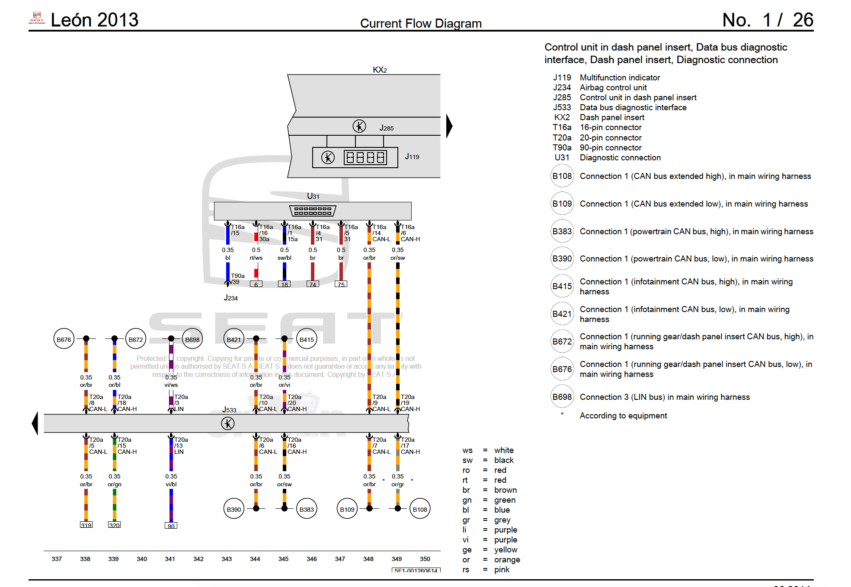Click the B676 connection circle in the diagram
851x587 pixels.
[x=64, y=339]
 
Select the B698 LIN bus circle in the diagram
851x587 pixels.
[x=192, y=339]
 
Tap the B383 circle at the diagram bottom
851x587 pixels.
[x=307, y=509]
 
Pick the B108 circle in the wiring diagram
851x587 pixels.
[x=420, y=509]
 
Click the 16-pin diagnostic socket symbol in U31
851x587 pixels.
[x=313, y=211]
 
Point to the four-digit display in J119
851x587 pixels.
[x=365, y=157]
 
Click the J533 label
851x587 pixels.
[x=229, y=410]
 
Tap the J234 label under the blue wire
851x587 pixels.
[x=230, y=298]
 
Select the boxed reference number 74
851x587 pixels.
[x=313, y=284]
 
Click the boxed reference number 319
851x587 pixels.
[x=86, y=525]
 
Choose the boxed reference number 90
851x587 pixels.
[x=171, y=526]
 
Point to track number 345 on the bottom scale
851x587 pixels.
[x=283, y=559]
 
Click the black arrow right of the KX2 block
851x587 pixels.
[x=449, y=126]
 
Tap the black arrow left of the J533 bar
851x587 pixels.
[x=35, y=423]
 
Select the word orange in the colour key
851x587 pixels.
[x=507, y=560]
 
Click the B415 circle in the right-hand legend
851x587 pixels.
[x=562, y=286]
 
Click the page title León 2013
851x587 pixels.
[x=94, y=20]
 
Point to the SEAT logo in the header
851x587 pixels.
[x=37, y=17]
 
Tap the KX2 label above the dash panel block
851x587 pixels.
[x=380, y=70]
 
